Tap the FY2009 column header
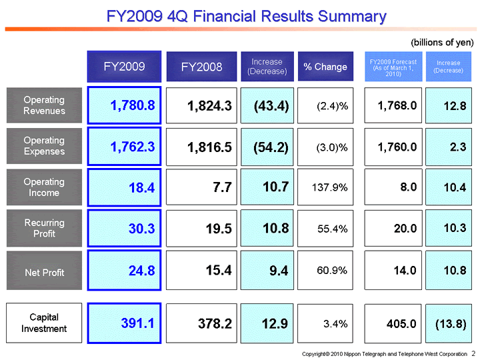pyautogui.click(x=124, y=66)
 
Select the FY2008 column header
pyautogui.click(x=201, y=67)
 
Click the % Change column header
pyautogui.click(x=325, y=67)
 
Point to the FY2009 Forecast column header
pyautogui.click(x=393, y=67)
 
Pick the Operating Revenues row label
pyautogui.click(x=44, y=105)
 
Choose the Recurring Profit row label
pyautogui.click(x=44, y=228)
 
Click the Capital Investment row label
pyautogui.click(x=44, y=323)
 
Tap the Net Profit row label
pyautogui.click(x=44, y=272)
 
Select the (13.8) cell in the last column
pyautogui.click(x=449, y=323)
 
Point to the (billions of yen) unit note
pyautogui.click(x=441, y=42)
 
